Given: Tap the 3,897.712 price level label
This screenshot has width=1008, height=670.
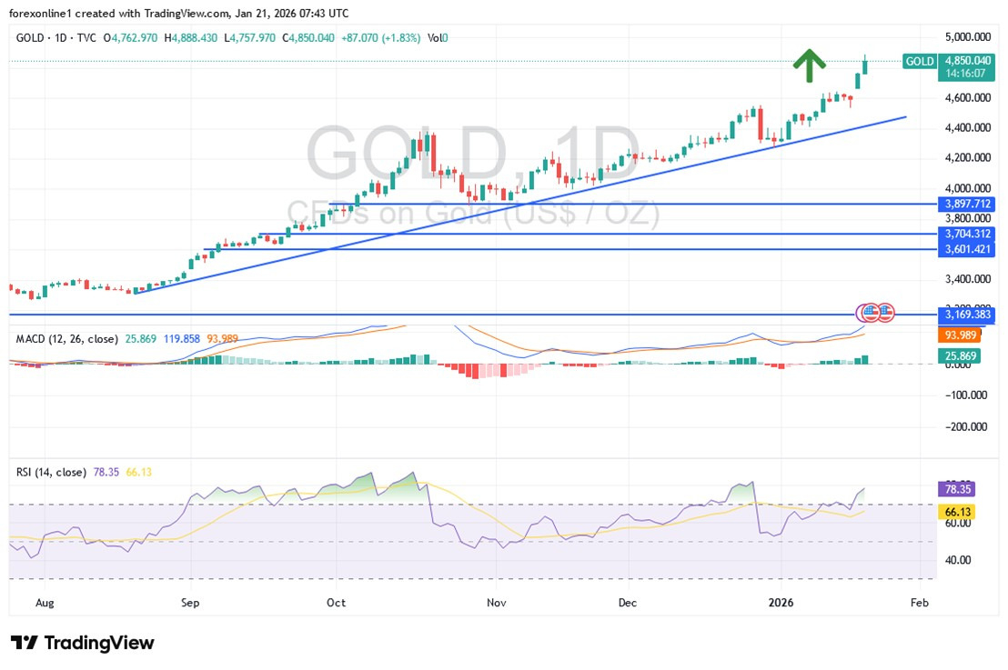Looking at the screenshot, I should (x=966, y=204).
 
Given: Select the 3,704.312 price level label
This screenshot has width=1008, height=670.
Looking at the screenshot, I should (x=966, y=234).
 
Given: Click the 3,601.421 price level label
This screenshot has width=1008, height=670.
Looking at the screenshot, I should (x=966, y=248).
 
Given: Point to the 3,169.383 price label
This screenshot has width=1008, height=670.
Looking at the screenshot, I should (x=966, y=315).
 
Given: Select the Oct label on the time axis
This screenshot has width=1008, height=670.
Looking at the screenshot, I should (x=336, y=603).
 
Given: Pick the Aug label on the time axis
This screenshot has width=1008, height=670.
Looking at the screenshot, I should (x=44, y=603).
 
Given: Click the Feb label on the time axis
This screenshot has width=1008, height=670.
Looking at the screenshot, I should (x=919, y=603).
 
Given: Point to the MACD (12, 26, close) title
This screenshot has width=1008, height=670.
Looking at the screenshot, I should (x=66, y=339).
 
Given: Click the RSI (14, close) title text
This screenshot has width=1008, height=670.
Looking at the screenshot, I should (x=51, y=472).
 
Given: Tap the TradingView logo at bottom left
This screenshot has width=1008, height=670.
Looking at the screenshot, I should (x=83, y=643).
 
